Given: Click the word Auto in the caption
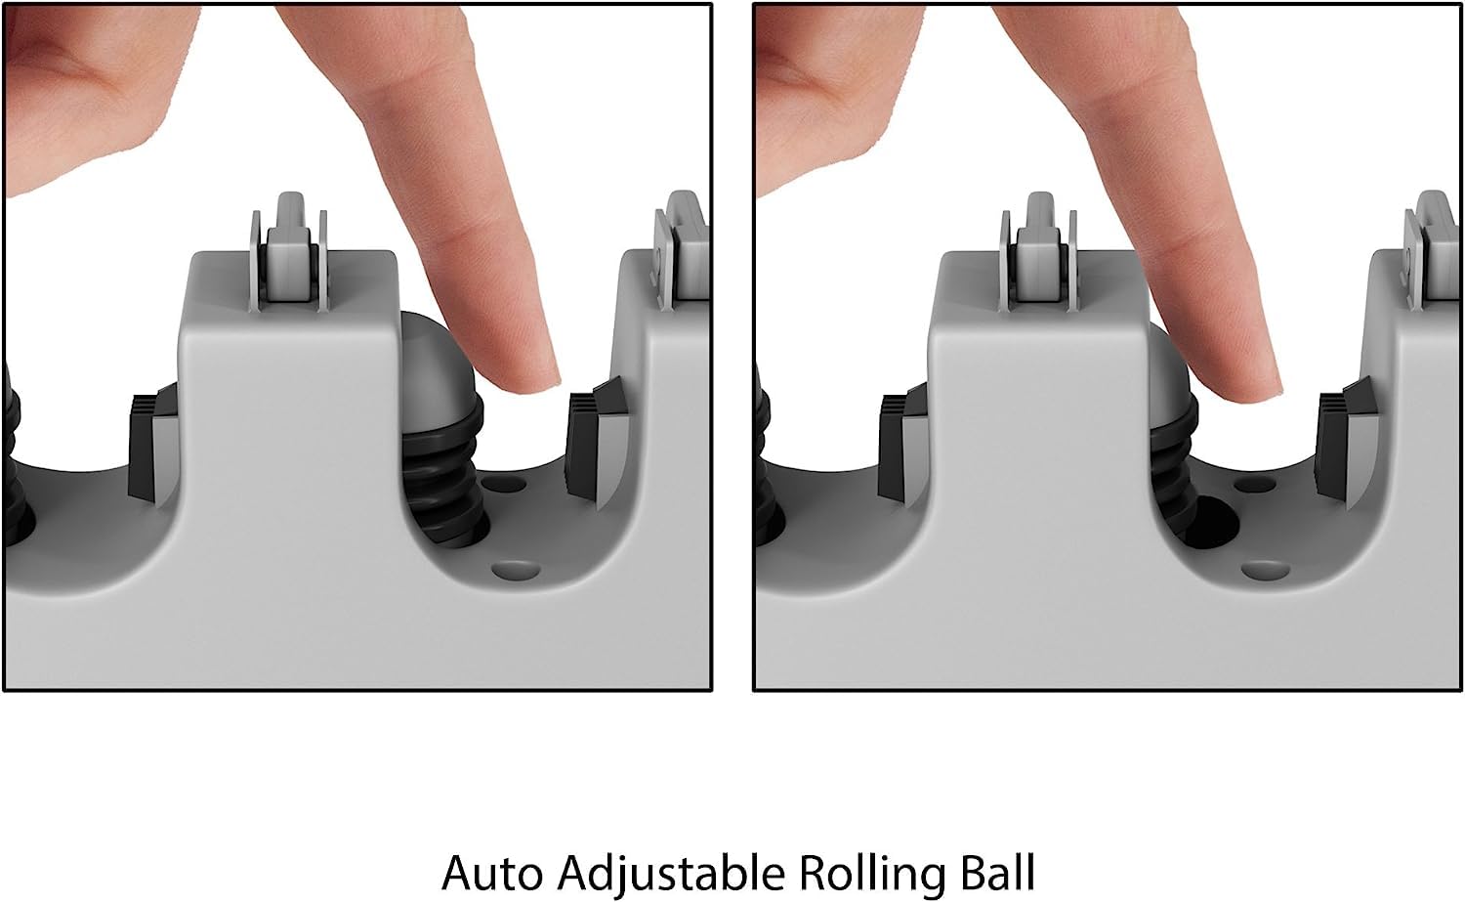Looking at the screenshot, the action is (492, 873).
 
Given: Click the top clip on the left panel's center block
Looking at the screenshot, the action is (290, 252).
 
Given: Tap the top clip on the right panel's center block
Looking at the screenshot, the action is (1039, 252).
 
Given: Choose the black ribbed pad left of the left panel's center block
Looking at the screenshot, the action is (153, 445).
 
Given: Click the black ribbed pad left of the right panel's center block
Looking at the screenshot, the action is (903, 445).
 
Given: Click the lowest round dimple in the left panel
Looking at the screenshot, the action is (516, 571).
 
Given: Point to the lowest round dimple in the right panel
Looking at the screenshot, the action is (1266, 571).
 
